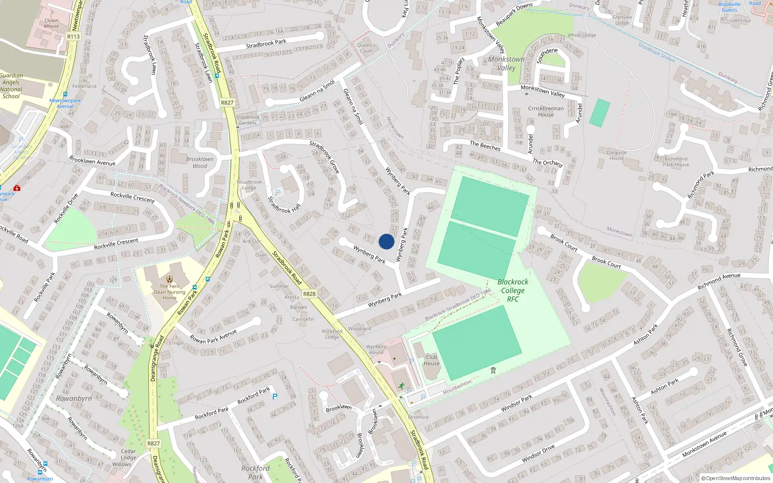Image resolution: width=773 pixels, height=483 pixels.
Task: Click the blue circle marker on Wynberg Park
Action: coord(386,241)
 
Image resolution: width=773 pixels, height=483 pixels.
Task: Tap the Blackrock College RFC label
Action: coord(513,290)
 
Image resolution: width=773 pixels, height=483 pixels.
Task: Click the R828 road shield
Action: coord(309,294)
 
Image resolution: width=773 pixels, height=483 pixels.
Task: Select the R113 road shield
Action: coord(73,36)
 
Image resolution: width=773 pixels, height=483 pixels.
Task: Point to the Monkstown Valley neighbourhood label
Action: coord(506,63)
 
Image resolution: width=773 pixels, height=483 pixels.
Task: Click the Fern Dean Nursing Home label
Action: coord(170,292)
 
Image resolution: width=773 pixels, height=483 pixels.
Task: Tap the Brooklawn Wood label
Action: coord(200,162)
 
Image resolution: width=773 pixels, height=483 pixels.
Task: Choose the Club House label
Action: coord(431,360)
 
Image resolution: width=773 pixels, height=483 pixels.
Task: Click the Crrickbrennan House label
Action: coord(546,112)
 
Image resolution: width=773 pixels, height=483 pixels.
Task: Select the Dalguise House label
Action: coord(616,155)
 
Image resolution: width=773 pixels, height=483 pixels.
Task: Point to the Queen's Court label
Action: coord(366,48)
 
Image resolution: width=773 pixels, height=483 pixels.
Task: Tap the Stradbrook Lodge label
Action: coord(249,185)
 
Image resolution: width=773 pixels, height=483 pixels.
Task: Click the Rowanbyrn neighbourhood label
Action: coord(73,398)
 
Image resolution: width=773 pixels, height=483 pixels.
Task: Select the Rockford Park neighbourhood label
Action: coord(255,472)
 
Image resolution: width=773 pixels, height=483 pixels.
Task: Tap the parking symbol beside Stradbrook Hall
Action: coord(278,193)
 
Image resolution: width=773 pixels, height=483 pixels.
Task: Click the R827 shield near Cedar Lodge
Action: coord(153,443)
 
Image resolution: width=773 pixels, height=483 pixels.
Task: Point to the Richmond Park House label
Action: coord(676,162)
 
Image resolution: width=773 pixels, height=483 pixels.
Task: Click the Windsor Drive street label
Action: coord(538,454)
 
